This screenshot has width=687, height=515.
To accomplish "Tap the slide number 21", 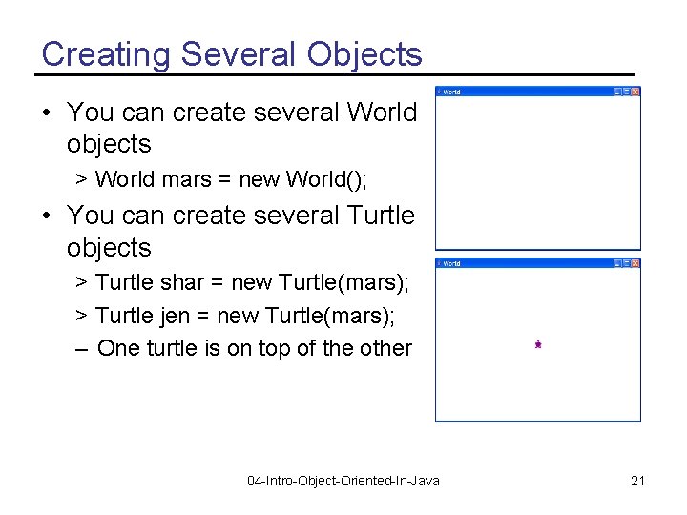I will pyautogui.click(x=637, y=481).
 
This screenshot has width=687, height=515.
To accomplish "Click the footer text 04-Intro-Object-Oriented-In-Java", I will pyautogui.click(x=343, y=481).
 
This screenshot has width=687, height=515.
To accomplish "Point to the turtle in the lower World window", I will pyautogui.click(x=538, y=344).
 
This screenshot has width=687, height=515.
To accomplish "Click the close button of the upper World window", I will pyautogui.click(x=635, y=92).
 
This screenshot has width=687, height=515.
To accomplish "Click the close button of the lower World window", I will pyautogui.click(x=635, y=263).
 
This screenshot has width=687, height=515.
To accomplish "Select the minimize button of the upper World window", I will pyautogui.click(x=617, y=92).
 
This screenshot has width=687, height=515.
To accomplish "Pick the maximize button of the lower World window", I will pyautogui.click(x=626, y=263).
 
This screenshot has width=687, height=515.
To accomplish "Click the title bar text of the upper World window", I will pyautogui.click(x=451, y=92).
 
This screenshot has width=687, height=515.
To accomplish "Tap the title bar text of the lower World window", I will pyautogui.click(x=451, y=263).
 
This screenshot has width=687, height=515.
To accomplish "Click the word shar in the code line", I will pyautogui.click(x=182, y=282).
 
